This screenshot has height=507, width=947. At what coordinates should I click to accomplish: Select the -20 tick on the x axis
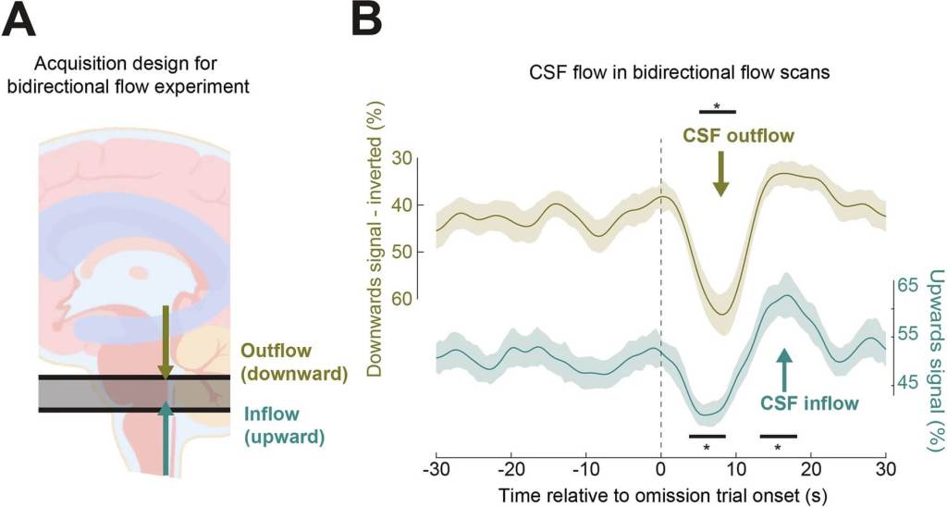(510, 469)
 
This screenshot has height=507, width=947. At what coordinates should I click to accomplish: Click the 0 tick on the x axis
(660, 469)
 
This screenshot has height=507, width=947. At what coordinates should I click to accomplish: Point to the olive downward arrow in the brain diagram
(165, 341)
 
